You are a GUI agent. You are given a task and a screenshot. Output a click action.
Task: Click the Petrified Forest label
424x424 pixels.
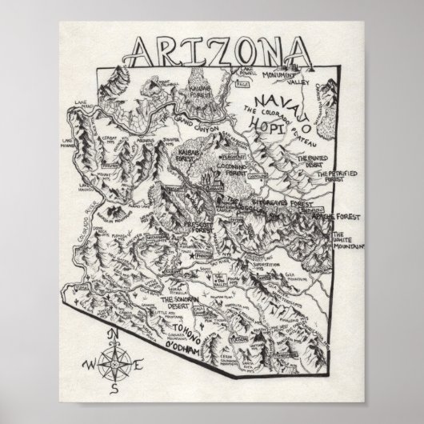pos(336,178)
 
